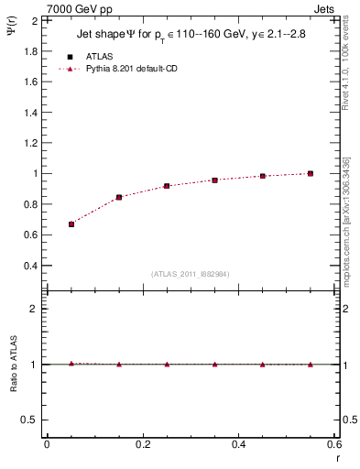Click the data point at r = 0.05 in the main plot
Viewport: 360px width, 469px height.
71,224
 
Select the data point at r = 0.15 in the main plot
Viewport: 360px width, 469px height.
119,197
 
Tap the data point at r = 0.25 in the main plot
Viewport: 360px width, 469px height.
167,186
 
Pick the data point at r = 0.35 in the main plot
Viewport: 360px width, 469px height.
214,180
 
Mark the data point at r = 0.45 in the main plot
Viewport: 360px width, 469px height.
263,176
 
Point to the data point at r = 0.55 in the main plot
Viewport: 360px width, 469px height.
311,173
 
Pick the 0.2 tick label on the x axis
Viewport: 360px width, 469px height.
142,444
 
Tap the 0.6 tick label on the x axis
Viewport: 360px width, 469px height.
333,444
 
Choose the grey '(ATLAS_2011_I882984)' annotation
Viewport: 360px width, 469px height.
191,274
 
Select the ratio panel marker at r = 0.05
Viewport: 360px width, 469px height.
71,364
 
